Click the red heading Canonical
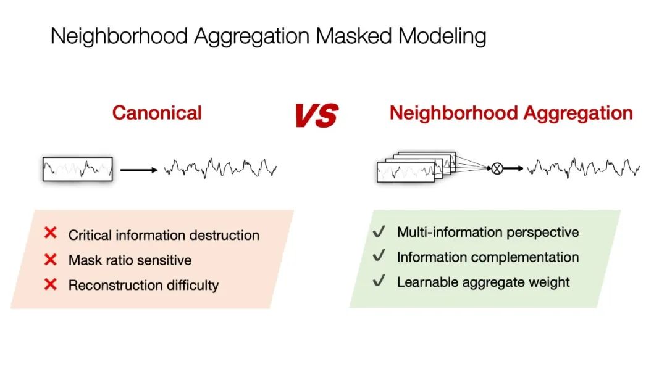tap(157, 113)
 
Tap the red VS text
tap(316, 115)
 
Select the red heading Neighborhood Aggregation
tap(511, 113)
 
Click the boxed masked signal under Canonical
tap(77, 168)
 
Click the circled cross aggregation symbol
tap(497, 168)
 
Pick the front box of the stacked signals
tap(405, 172)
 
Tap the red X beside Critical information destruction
tap(51, 233)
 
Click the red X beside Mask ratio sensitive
tap(51, 259)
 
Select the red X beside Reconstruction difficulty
tap(51, 284)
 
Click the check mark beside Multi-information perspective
tap(379, 231)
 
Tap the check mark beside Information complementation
tap(379, 256)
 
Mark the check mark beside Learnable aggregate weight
tap(379, 281)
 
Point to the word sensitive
tap(165, 260)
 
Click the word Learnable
tap(425, 282)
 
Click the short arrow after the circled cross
tap(513, 168)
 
